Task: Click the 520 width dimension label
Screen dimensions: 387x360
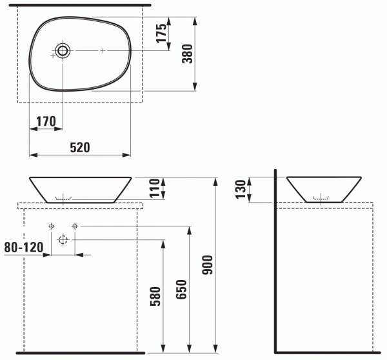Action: click(x=80, y=147)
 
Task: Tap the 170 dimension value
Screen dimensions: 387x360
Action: click(x=46, y=121)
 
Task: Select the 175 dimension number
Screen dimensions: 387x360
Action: click(x=162, y=33)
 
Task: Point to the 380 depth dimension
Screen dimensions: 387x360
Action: click(x=187, y=54)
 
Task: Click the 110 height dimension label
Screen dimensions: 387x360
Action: click(x=155, y=188)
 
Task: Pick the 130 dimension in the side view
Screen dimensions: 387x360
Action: click(x=241, y=190)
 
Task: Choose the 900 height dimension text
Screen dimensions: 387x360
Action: click(x=207, y=265)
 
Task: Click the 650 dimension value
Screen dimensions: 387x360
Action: click(x=181, y=290)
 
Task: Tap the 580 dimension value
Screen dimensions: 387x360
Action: click(x=155, y=296)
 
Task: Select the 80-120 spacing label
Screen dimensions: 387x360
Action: click(x=24, y=247)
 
